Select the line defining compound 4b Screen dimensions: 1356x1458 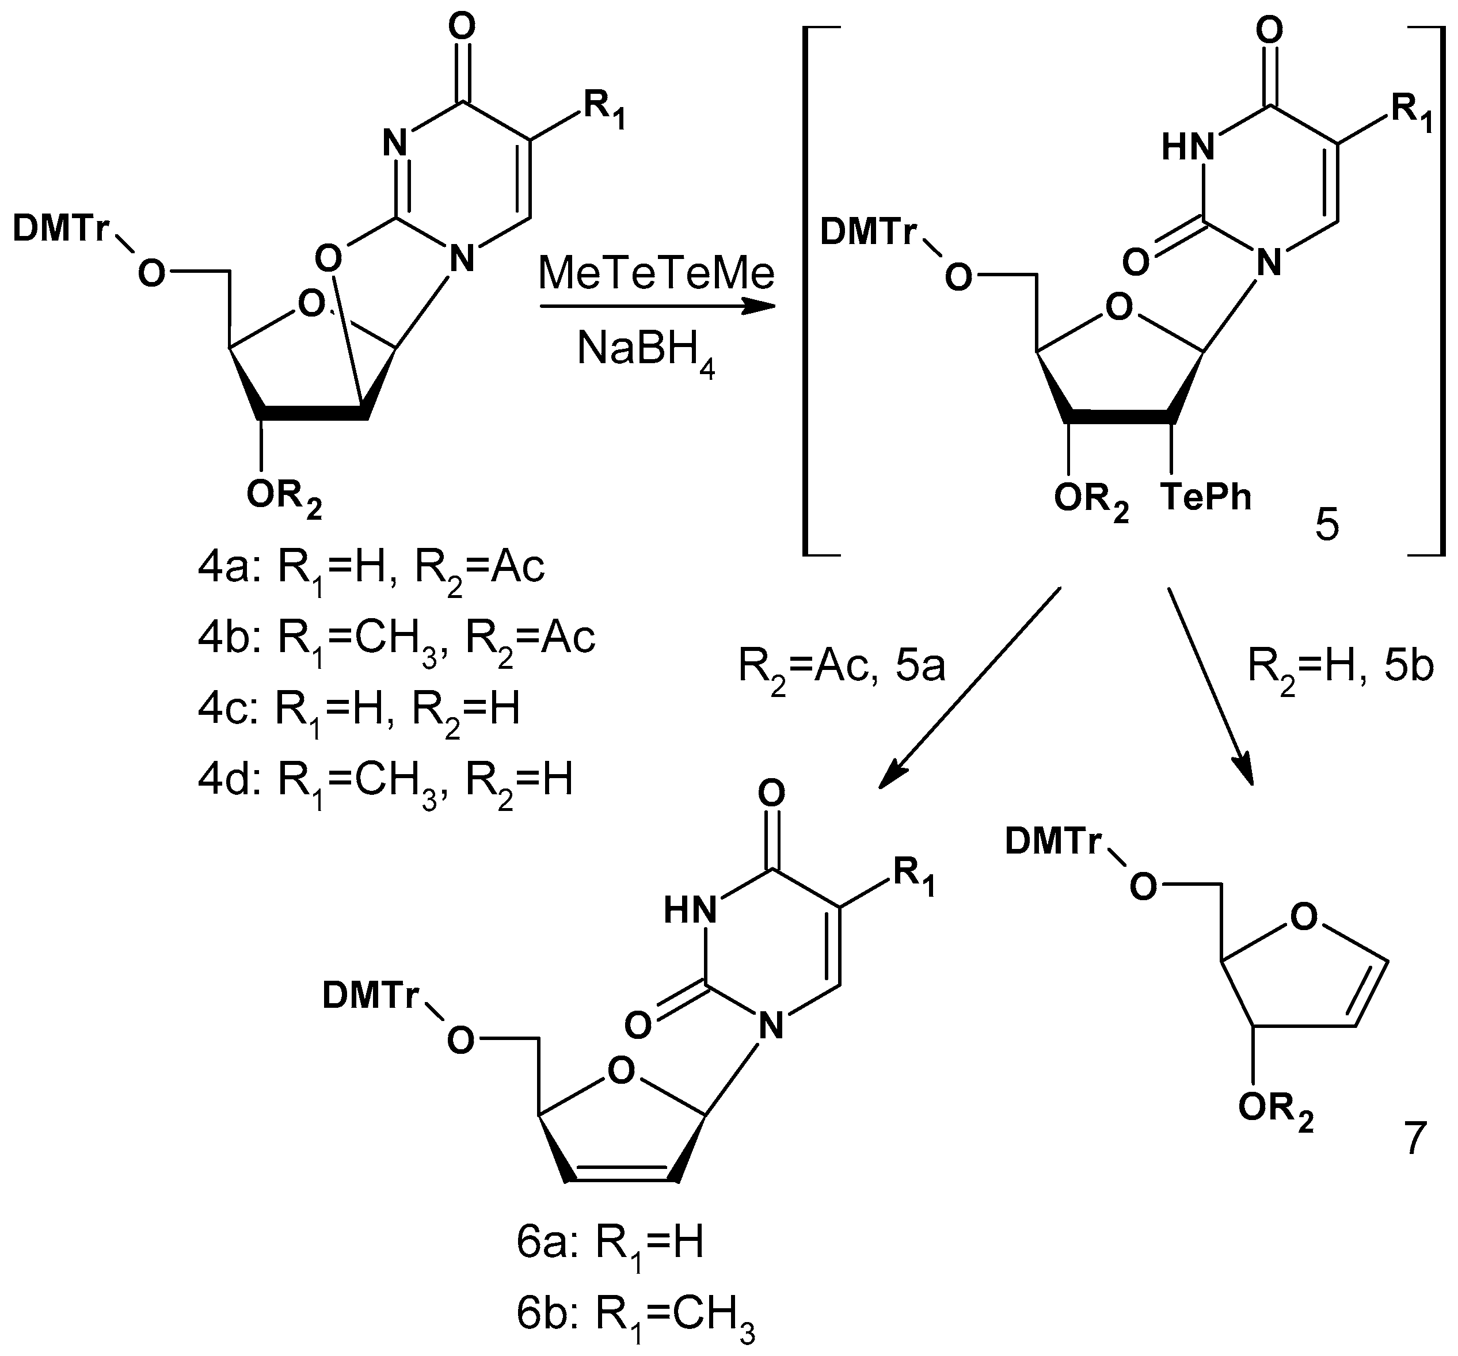point(396,638)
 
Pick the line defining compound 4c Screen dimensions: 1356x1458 point(359,709)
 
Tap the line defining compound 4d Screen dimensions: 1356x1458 point(385,779)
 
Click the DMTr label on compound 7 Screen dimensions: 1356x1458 point(1053,843)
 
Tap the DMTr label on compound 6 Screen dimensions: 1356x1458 point(370,996)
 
